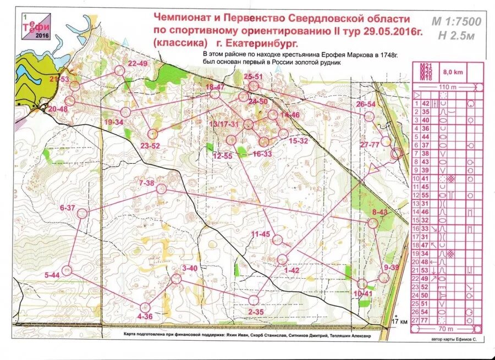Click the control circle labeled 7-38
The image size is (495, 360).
point(161,189)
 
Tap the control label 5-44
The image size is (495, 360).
point(52,275)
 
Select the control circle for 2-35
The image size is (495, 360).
point(254,300)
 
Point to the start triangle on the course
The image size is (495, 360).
point(375,167)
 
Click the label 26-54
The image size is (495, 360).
point(366,104)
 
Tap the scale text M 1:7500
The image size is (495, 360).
point(456,22)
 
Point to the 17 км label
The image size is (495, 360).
point(399,322)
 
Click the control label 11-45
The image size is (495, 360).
point(261,234)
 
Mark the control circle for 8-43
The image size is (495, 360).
point(373,223)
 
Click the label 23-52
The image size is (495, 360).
point(150,146)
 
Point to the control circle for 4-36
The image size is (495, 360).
point(145,307)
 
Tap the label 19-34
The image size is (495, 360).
point(113,122)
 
